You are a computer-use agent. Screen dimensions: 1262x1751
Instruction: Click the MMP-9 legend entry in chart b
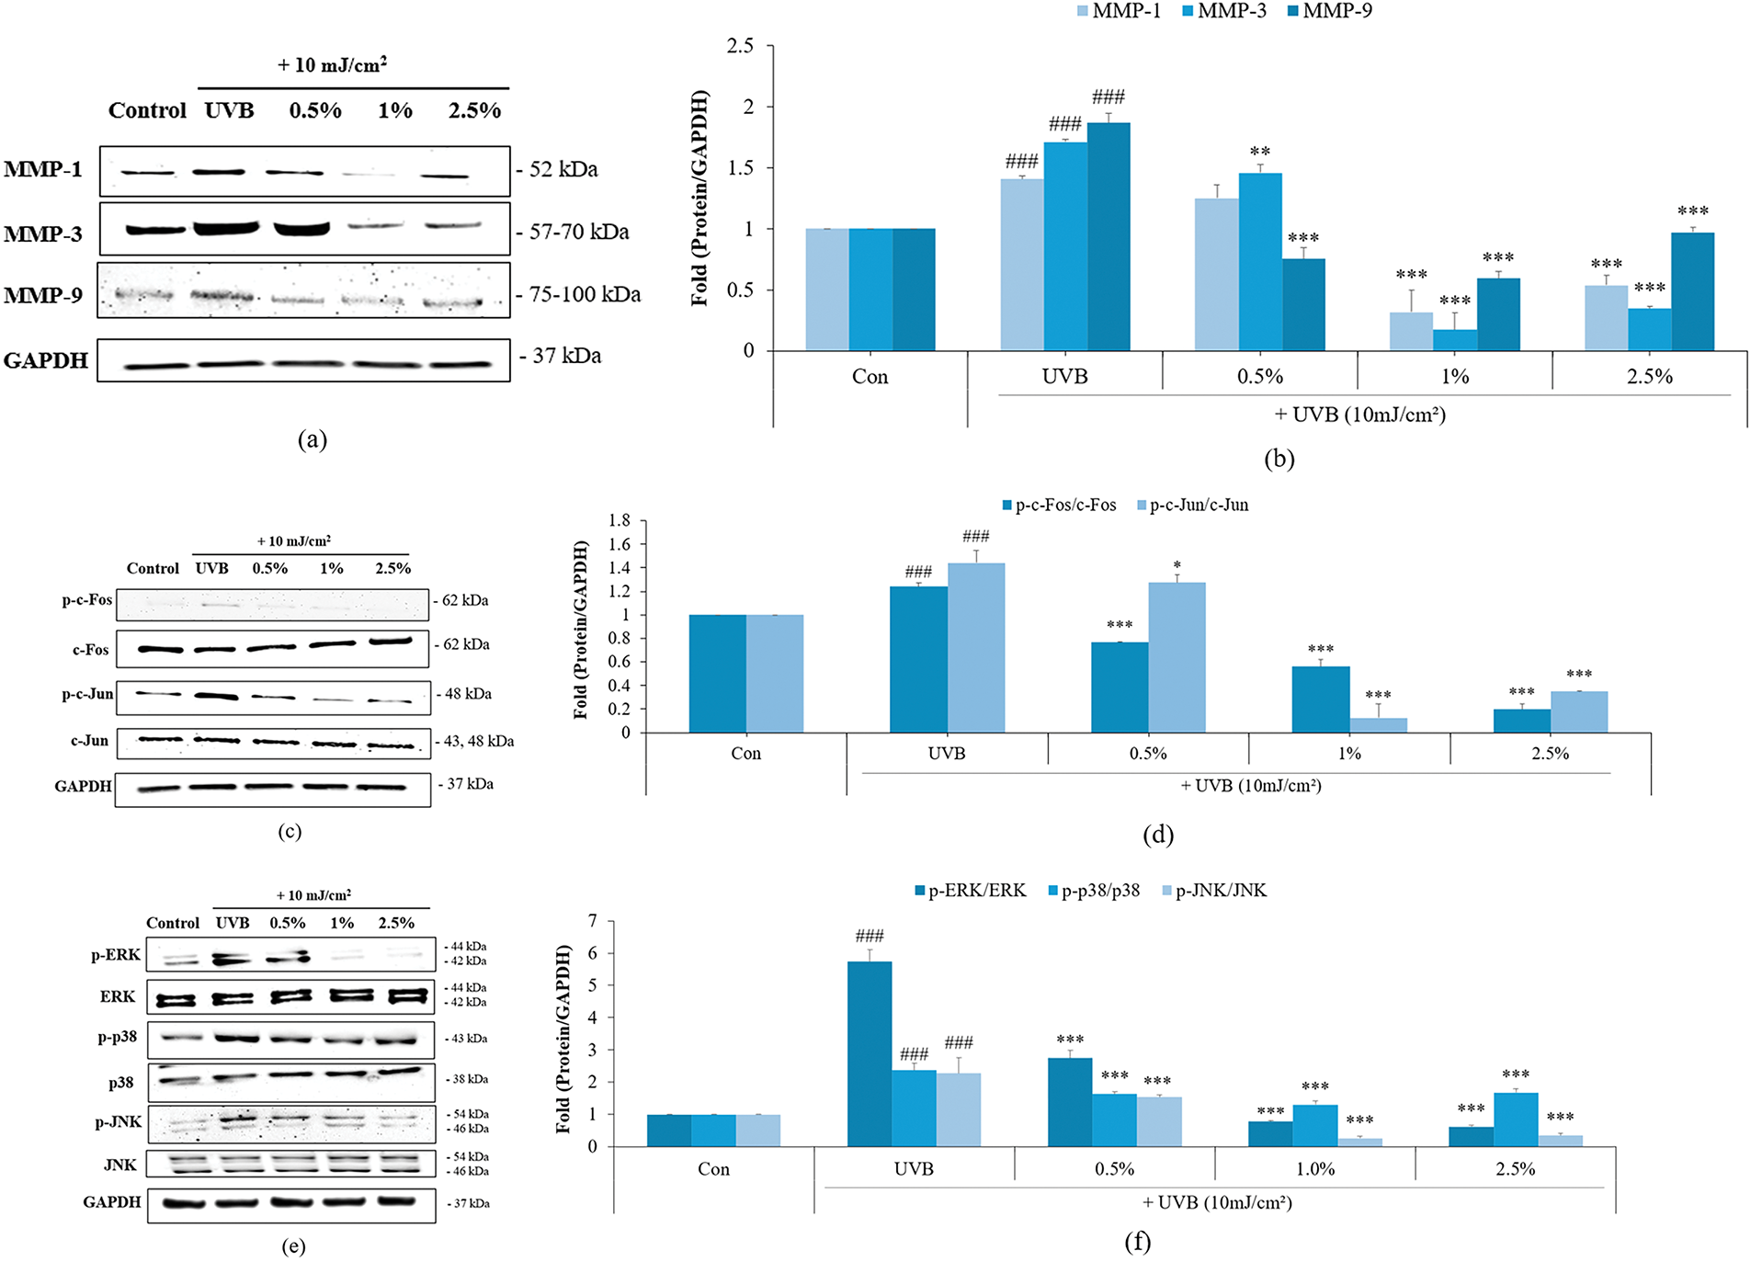(x=1336, y=11)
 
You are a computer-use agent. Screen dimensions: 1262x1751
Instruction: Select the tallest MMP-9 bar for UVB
(x=1109, y=236)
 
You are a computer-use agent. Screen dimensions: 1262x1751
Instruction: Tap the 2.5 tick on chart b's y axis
(x=740, y=46)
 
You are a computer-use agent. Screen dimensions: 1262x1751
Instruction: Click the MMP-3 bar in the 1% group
(x=1455, y=339)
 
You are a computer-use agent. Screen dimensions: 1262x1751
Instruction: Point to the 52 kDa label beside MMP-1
(x=563, y=169)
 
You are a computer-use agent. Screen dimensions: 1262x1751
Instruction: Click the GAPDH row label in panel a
(x=46, y=360)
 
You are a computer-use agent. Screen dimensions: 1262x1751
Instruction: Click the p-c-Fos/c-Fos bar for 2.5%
(x=1521, y=721)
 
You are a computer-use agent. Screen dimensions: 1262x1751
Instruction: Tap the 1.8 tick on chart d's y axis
(x=620, y=520)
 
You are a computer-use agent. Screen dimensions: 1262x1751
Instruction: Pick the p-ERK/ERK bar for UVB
(x=869, y=1053)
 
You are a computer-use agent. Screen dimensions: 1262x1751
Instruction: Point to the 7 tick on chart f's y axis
(x=592, y=921)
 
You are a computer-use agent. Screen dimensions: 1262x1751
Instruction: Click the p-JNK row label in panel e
(x=119, y=1122)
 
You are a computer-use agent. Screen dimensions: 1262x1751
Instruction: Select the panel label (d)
(x=1157, y=835)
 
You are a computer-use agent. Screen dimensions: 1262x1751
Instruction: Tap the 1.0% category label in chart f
(x=1315, y=1169)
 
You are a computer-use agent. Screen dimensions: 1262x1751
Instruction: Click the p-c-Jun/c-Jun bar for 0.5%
(x=1177, y=657)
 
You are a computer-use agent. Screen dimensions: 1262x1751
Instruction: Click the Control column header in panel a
(x=147, y=110)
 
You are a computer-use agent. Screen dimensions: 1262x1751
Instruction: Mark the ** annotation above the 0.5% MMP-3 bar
(x=1259, y=152)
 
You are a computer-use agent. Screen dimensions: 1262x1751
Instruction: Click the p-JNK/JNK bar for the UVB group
(x=959, y=1109)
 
